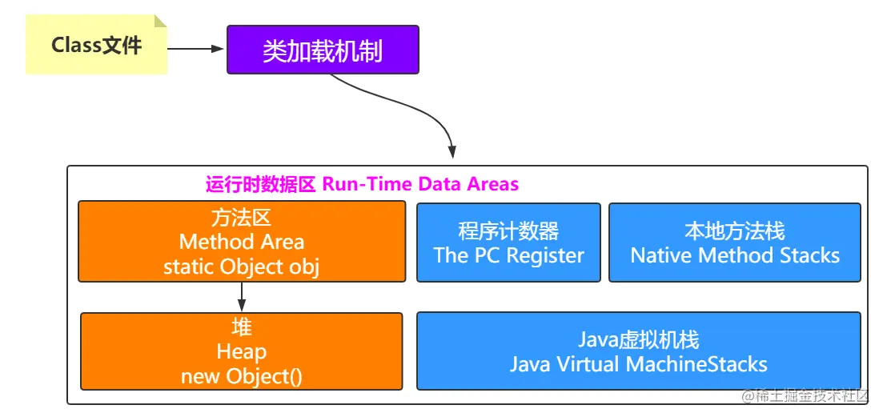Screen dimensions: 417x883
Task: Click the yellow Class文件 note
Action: tap(96, 46)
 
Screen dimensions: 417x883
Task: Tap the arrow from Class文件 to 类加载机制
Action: tap(196, 49)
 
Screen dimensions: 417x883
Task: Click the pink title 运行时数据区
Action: tap(261, 184)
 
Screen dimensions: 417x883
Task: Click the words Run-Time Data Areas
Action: tap(420, 184)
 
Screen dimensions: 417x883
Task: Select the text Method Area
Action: tap(242, 242)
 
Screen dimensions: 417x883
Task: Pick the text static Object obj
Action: tap(242, 267)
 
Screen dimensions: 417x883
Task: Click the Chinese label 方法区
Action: tap(242, 218)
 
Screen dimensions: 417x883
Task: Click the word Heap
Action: tap(242, 351)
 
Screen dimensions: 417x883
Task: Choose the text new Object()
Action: tap(242, 375)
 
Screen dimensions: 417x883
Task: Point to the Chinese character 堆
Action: tap(242, 327)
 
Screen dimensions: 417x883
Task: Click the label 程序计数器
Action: tap(508, 231)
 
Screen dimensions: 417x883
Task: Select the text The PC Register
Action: tap(508, 256)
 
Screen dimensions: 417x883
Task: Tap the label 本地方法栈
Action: tap(735, 231)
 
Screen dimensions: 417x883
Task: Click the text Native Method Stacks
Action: tap(735, 256)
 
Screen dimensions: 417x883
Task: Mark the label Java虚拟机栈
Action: tap(638, 340)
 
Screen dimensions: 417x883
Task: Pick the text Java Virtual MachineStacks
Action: tap(638, 364)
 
